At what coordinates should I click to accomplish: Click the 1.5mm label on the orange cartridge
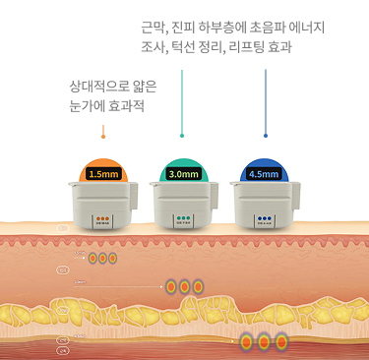point(103,174)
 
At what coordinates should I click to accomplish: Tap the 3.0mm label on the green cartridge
point(184,174)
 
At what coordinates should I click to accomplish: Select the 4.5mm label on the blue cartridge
point(264,174)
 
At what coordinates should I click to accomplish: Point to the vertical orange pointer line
point(102,131)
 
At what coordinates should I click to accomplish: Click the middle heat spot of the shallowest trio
point(102,259)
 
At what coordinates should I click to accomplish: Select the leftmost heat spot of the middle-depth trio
point(170,286)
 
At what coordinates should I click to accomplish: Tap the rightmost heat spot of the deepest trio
point(280,342)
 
